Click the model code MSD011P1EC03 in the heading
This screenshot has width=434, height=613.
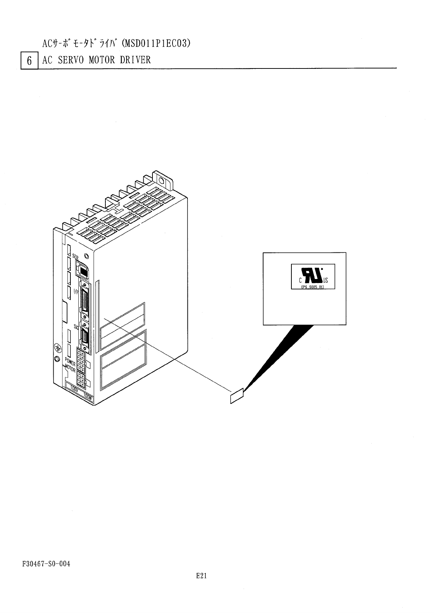click(156, 44)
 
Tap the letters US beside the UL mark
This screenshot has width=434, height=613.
click(325, 280)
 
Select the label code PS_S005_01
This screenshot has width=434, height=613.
click(313, 287)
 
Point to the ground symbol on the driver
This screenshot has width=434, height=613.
click(57, 347)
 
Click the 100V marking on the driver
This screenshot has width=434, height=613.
click(74, 389)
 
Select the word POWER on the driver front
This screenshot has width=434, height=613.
click(70, 362)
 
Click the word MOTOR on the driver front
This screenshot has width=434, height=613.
click(70, 369)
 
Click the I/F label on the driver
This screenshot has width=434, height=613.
click(76, 291)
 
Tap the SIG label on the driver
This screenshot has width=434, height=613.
click(77, 327)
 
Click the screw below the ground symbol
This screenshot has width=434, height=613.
click(57, 359)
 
